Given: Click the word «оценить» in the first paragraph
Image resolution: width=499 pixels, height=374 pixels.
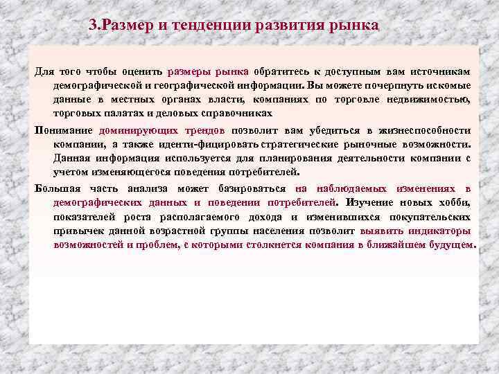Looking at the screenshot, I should pyautogui.click(x=143, y=71).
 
